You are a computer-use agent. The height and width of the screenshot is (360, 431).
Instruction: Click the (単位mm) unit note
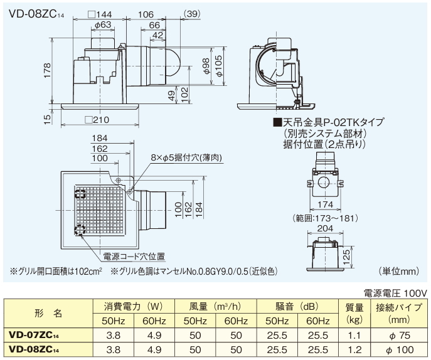(399, 272)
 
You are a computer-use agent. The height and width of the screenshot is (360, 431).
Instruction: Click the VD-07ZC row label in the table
(38, 334)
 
